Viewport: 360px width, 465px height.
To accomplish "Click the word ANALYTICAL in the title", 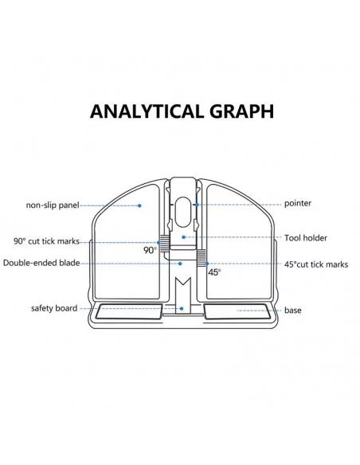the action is pos(147,111).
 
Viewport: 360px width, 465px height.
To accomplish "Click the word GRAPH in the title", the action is pos(241,111).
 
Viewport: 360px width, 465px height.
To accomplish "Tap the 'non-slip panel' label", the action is pos(53,205).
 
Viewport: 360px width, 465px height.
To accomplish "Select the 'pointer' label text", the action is pos(298,204).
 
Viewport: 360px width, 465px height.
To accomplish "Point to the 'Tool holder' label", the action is pos(305,238).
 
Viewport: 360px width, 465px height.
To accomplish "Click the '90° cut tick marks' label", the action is pos(46,241).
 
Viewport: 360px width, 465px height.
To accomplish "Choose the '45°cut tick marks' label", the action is pos(316,264).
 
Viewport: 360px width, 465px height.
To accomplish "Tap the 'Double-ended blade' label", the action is pos(41,263).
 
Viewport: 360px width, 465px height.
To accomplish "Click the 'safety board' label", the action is pos(54,308).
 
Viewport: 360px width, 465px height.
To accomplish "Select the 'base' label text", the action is pos(292,311).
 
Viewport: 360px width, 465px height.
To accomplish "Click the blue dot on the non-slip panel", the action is pos(139,205).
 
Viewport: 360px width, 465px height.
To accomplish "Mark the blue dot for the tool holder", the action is pos(183,237).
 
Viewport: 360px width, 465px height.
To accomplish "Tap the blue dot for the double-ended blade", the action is pos(180,264).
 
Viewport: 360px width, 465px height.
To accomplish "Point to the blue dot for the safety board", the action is pos(182,309).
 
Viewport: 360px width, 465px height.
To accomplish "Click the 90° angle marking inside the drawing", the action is pos(150,250).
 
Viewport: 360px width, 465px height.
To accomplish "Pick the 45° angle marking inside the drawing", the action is pos(214,272).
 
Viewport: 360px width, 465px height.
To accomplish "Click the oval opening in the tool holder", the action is pos(183,212).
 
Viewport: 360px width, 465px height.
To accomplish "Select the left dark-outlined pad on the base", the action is pos(129,311).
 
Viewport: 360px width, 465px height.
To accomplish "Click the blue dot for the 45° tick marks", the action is pos(207,264).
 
